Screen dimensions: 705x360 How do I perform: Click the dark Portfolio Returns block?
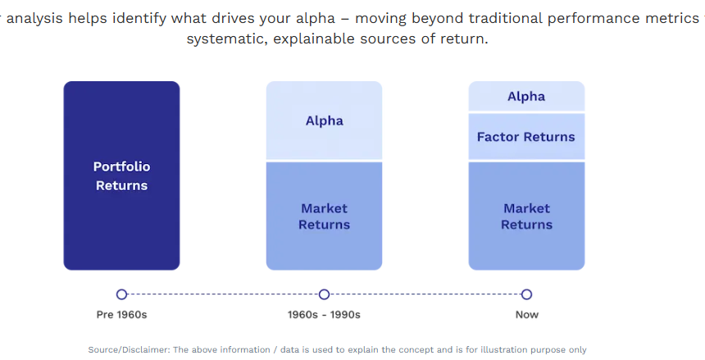(x=121, y=175)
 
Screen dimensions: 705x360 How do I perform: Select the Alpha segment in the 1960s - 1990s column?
(x=324, y=121)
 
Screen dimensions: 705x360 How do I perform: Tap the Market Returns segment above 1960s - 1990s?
(x=324, y=216)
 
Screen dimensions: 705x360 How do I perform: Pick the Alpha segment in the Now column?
(x=526, y=96)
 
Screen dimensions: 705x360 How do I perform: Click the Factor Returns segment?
(x=526, y=136)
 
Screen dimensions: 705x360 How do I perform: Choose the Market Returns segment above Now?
(x=526, y=216)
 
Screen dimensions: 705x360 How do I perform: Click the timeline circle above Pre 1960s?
(x=121, y=294)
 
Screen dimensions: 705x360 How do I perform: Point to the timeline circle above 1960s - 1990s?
(x=324, y=294)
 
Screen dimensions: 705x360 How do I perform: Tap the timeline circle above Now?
(x=526, y=294)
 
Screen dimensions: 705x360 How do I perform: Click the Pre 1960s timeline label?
(x=121, y=315)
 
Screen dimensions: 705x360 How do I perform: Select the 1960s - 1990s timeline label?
(x=324, y=315)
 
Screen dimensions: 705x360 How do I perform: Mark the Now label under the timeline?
(x=526, y=315)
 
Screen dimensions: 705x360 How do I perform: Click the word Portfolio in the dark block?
(x=121, y=166)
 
